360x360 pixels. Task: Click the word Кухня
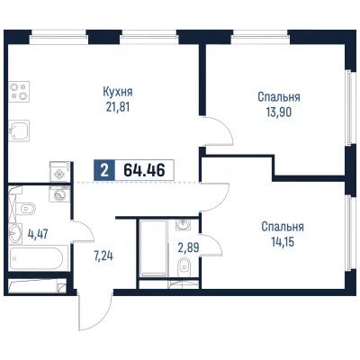(x=118, y=92)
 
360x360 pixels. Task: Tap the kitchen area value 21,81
(x=118, y=107)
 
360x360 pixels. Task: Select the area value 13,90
(x=279, y=112)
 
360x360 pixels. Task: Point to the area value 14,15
(x=283, y=241)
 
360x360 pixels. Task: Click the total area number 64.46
(x=144, y=170)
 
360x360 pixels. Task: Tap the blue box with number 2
(x=104, y=170)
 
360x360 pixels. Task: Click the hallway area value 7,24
(x=103, y=256)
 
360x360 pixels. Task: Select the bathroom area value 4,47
(x=38, y=234)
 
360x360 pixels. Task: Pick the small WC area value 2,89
(x=189, y=247)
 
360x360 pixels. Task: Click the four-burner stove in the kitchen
(x=19, y=92)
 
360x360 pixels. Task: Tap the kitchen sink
(x=19, y=130)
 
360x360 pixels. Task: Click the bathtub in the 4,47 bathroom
(x=38, y=258)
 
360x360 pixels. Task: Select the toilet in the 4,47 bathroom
(x=26, y=208)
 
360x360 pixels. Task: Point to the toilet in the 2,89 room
(x=184, y=267)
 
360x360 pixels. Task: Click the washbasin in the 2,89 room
(x=183, y=225)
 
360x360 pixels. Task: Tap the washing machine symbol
(x=59, y=194)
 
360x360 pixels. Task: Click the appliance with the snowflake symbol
(x=60, y=172)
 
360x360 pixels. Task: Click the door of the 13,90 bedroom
(x=219, y=132)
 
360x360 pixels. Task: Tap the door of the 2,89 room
(x=211, y=245)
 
